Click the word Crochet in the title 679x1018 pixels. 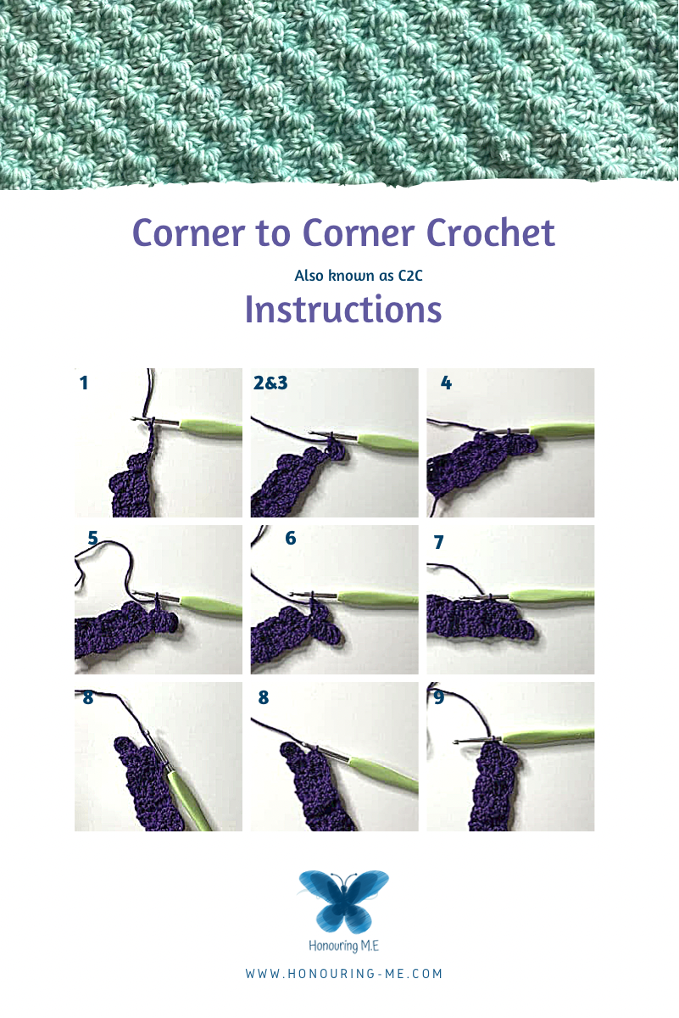[491, 232]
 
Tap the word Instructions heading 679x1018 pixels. [343, 310]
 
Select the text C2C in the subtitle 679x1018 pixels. [410, 276]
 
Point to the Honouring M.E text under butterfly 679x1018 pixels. [344, 946]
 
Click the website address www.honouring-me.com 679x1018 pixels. [344, 974]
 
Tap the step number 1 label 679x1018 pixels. [84, 383]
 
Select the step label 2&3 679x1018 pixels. [270, 383]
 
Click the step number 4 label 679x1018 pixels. [446, 383]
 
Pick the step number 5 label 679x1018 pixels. [92, 538]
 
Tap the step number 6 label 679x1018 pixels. [291, 538]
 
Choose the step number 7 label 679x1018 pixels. [438, 542]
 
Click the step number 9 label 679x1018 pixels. [439, 697]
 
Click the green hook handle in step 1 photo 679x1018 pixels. [211, 429]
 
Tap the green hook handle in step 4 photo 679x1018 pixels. [562, 429]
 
